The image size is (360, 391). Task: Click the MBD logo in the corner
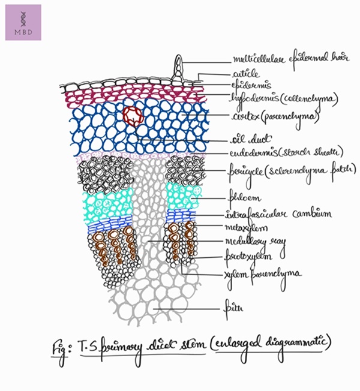tap(23, 23)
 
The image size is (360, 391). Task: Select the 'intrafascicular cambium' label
tap(269, 213)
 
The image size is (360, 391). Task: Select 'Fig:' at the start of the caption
tap(61, 348)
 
